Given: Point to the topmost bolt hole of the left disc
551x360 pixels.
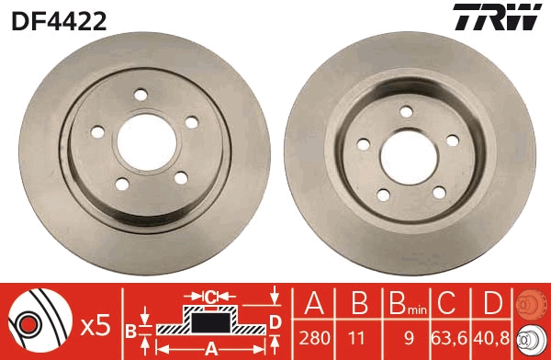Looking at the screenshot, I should [x=141, y=94].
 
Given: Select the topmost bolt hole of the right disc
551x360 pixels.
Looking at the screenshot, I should [x=404, y=111].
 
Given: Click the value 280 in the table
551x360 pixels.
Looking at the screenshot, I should [x=315, y=339].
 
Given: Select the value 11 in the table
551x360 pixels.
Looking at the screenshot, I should [x=357, y=339].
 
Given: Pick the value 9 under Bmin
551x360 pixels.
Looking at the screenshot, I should [x=401, y=339].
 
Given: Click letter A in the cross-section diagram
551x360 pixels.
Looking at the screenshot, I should [x=211, y=348].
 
